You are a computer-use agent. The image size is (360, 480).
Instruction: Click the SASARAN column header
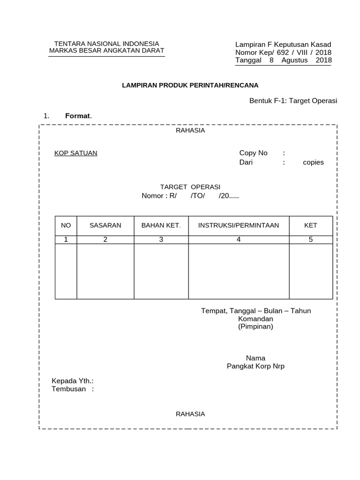tap(105, 225)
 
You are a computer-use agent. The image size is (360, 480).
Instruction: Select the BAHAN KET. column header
tap(161, 225)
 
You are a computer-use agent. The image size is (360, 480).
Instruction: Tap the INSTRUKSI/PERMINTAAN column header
tap(239, 225)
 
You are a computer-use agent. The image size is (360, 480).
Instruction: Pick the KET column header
tap(311, 225)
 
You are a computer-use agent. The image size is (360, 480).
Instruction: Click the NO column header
tap(66, 225)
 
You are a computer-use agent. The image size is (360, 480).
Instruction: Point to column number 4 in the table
tap(239, 240)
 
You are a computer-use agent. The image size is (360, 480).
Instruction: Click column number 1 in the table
tap(66, 240)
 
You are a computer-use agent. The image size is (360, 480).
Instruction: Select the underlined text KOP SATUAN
tap(76, 153)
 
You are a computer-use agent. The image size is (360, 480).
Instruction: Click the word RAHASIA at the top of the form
tap(190, 130)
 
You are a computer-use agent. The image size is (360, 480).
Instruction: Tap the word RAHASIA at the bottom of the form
tap(190, 414)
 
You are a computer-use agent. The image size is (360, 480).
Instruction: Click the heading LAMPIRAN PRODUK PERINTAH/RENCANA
tap(190, 85)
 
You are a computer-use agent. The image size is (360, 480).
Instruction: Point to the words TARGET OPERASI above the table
tap(190, 187)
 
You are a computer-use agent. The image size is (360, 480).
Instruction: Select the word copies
tap(313, 162)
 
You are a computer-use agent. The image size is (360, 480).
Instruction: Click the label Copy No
tap(253, 153)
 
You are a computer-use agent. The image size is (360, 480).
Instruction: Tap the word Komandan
tap(255, 319)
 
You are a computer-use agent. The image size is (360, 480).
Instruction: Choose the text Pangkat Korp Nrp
tap(255, 366)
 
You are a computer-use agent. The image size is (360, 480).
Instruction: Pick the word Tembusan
tap(69, 389)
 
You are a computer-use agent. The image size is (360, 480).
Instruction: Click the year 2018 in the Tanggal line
tap(323, 60)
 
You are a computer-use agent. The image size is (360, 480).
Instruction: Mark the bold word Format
tap(78, 116)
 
